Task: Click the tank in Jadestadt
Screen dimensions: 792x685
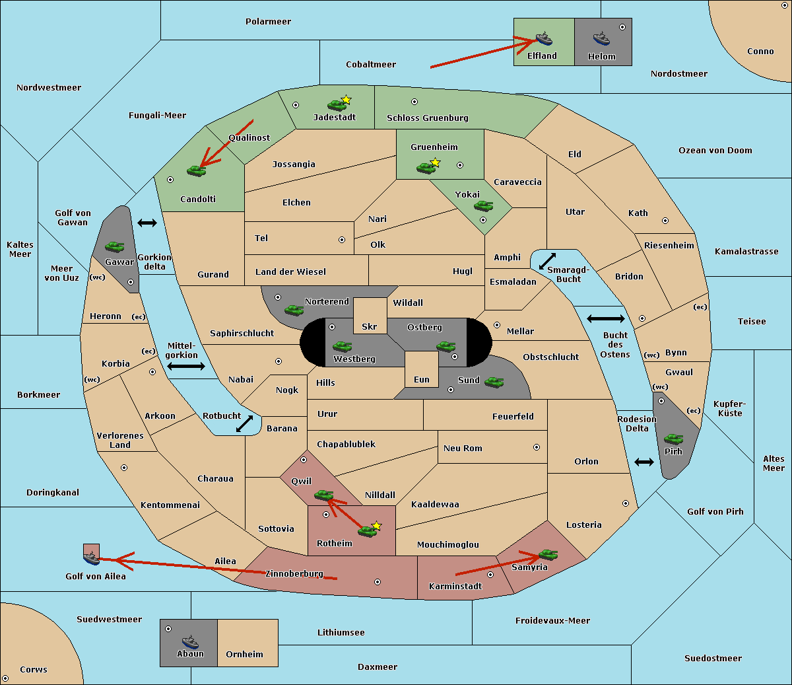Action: tap(337, 105)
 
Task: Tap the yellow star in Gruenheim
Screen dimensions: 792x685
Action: tap(436, 162)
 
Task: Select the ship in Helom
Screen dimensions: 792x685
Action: tap(601, 38)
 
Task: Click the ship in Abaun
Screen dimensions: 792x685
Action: tap(191, 641)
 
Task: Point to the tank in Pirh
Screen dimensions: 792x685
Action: tap(673, 439)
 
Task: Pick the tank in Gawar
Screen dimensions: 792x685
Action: tap(115, 246)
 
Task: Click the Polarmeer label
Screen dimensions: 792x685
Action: tap(268, 22)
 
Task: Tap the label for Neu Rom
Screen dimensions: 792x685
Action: tap(463, 448)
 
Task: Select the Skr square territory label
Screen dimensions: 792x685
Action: tap(370, 326)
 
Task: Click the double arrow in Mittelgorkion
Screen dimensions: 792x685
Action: tap(186, 366)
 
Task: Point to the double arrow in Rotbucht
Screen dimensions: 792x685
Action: tap(244, 424)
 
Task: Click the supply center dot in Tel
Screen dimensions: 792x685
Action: tap(342, 240)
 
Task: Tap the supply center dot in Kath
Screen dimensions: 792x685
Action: tap(665, 221)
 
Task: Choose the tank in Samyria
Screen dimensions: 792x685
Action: tap(548, 555)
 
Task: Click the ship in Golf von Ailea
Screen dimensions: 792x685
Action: tap(92, 558)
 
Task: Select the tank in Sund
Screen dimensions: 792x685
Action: tap(494, 382)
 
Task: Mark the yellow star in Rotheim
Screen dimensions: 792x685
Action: tap(377, 525)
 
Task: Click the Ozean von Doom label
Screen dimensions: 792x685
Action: tap(715, 151)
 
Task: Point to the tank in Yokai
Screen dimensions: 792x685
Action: tap(484, 206)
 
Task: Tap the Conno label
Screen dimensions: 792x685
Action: tap(760, 52)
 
